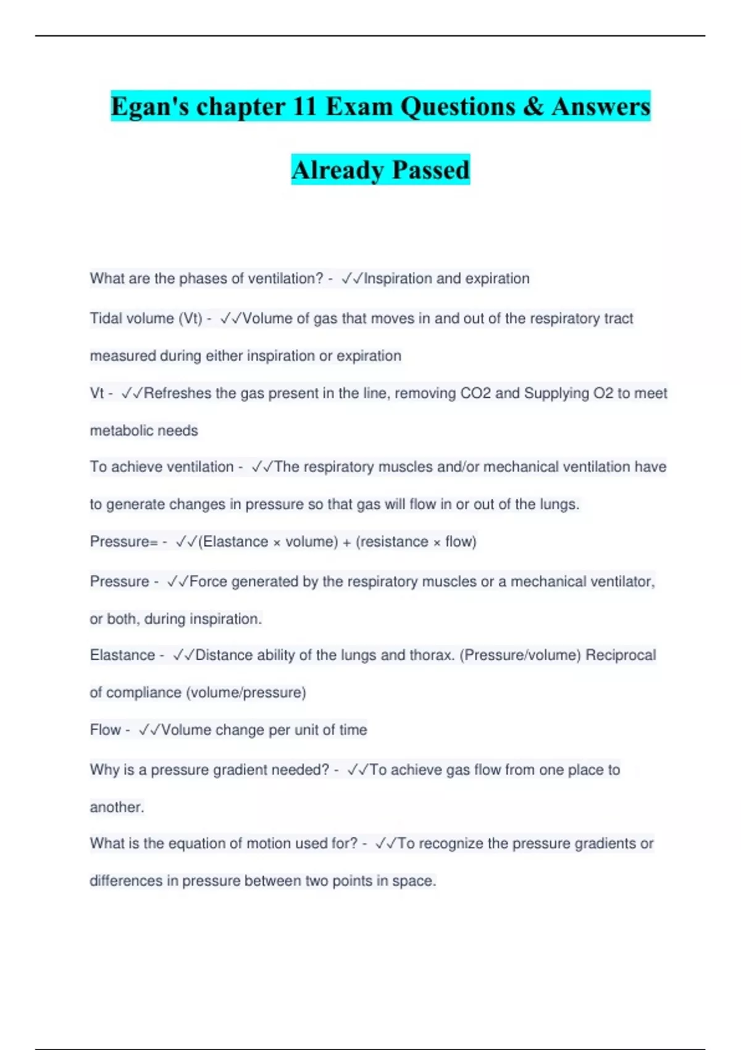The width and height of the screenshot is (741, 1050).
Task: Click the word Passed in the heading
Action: tap(430, 170)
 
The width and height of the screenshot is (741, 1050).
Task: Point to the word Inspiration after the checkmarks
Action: tap(398, 279)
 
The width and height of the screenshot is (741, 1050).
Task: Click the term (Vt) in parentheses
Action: tap(190, 319)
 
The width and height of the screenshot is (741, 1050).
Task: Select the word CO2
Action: tap(475, 393)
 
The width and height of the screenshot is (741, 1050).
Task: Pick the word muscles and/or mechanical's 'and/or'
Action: tap(459, 467)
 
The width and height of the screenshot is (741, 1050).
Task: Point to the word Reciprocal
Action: tap(620, 655)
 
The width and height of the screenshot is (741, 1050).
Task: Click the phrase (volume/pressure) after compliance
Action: tap(246, 693)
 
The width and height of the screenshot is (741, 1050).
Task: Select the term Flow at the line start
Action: tap(105, 730)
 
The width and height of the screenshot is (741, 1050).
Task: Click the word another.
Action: tap(117, 807)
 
